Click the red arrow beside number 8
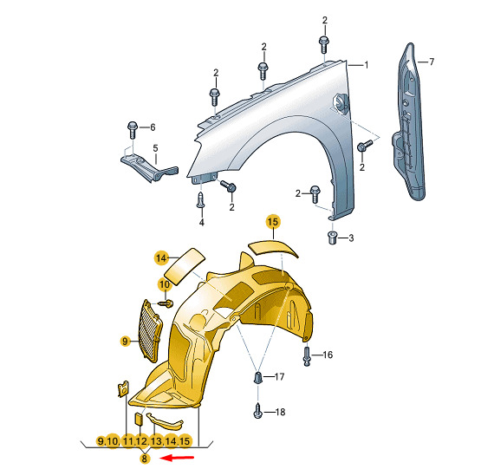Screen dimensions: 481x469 point(178,458)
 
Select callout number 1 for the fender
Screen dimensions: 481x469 point(366,65)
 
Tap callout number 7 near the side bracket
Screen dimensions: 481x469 point(432,62)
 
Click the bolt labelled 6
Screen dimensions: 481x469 point(133,130)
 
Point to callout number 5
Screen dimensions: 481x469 point(155,148)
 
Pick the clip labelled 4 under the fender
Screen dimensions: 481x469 point(200,199)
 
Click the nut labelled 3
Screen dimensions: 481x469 point(333,238)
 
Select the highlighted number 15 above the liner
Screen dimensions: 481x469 point(273,222)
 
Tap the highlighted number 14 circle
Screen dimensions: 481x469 point(161,258)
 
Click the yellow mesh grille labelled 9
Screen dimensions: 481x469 point(150,330)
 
